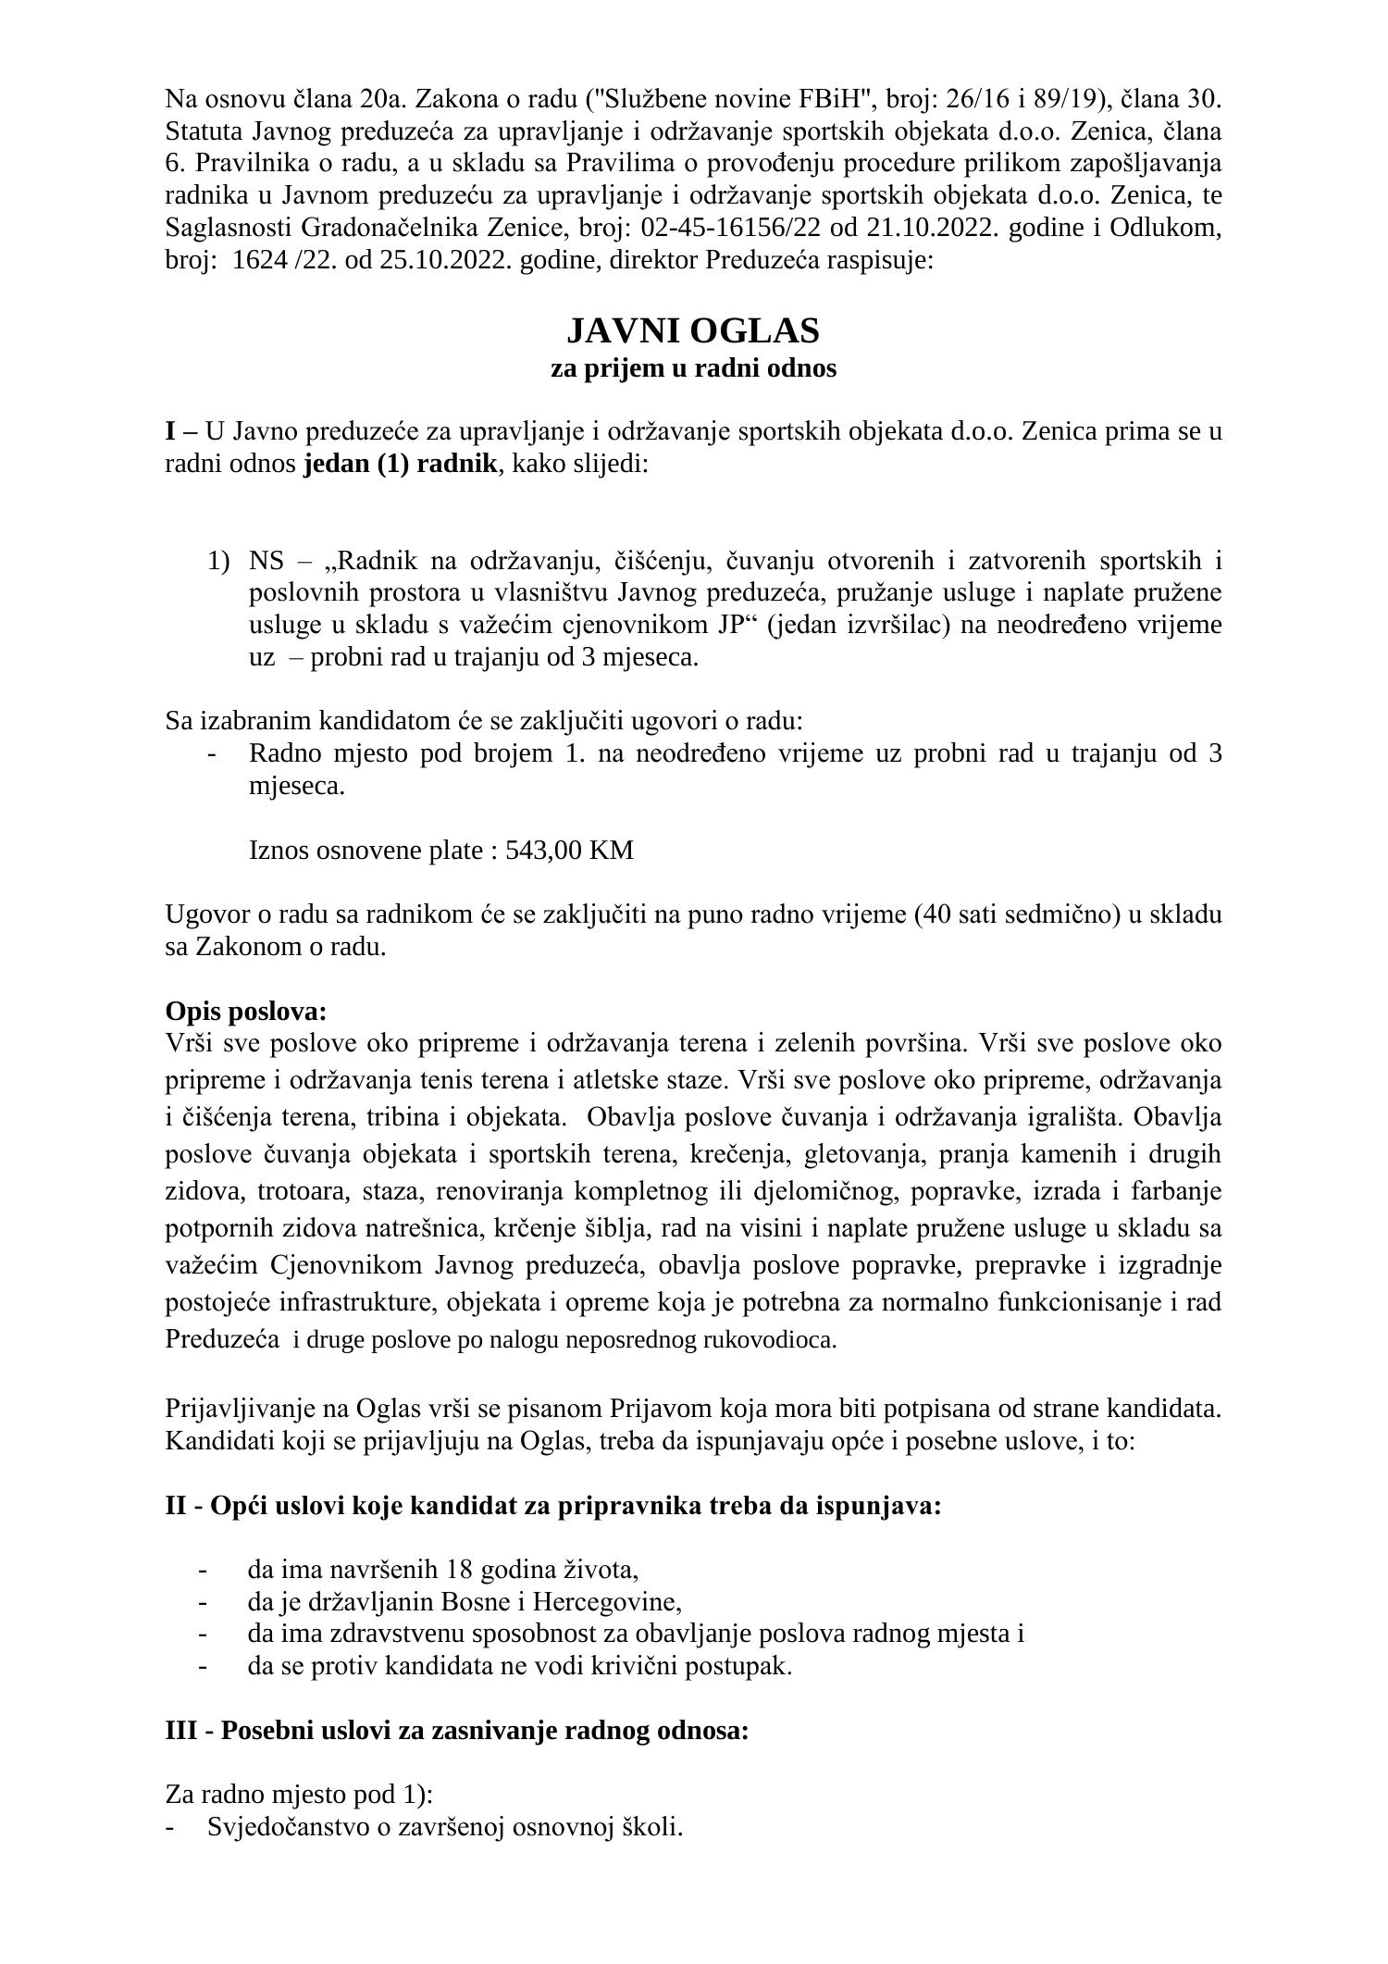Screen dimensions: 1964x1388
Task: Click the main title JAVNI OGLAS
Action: click(693, 330)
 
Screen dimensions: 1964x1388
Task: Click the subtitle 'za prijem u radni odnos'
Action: click(693, 368)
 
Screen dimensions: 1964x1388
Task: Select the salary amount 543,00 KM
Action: click(569, 850)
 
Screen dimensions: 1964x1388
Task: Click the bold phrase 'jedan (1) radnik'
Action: click(401, 464)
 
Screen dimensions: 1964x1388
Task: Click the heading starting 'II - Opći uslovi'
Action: click(552, 1506)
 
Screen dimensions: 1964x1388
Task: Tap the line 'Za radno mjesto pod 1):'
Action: click(299, 1795)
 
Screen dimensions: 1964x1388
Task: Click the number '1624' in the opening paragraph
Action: click(258, 260)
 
